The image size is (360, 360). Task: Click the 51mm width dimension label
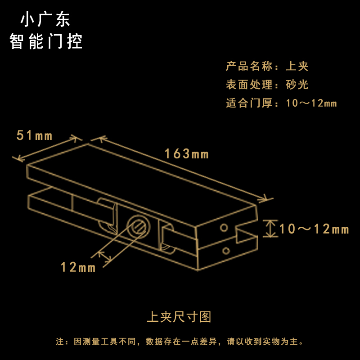coord(34,135)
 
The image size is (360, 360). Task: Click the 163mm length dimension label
coord(186,154)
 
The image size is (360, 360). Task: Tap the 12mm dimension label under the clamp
coord(78,267)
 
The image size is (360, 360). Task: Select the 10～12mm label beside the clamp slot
coord(314,229)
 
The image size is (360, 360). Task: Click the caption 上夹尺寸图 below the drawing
coord(179,317)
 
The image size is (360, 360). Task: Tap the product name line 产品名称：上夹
coord(267,67)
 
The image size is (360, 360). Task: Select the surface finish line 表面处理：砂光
coord(267,85)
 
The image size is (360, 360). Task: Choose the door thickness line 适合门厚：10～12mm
coord(281,103)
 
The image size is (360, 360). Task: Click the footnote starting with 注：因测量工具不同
coord(180,342)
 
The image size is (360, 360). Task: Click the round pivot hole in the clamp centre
coord(138,225)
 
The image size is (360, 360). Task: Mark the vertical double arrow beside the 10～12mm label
coord(270,229)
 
